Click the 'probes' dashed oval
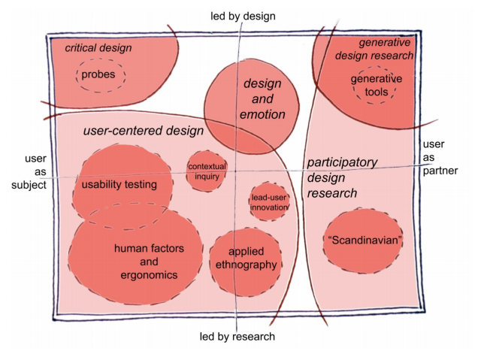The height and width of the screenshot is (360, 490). tap(99, 75)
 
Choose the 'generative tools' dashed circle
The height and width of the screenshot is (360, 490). tap(376, 86)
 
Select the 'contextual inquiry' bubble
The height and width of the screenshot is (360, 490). tap(207, 171)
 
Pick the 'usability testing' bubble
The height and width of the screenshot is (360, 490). tap(119, 185)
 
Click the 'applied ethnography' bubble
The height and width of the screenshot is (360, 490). tap(247, 259)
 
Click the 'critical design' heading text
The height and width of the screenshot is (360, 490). tap(98, 48)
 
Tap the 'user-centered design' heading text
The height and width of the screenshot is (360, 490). tap(144, 131)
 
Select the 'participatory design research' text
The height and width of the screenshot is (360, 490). tap(343, 178)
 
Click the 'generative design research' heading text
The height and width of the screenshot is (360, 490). tap(387, 50)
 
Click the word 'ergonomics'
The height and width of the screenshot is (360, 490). tap(149, 275)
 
